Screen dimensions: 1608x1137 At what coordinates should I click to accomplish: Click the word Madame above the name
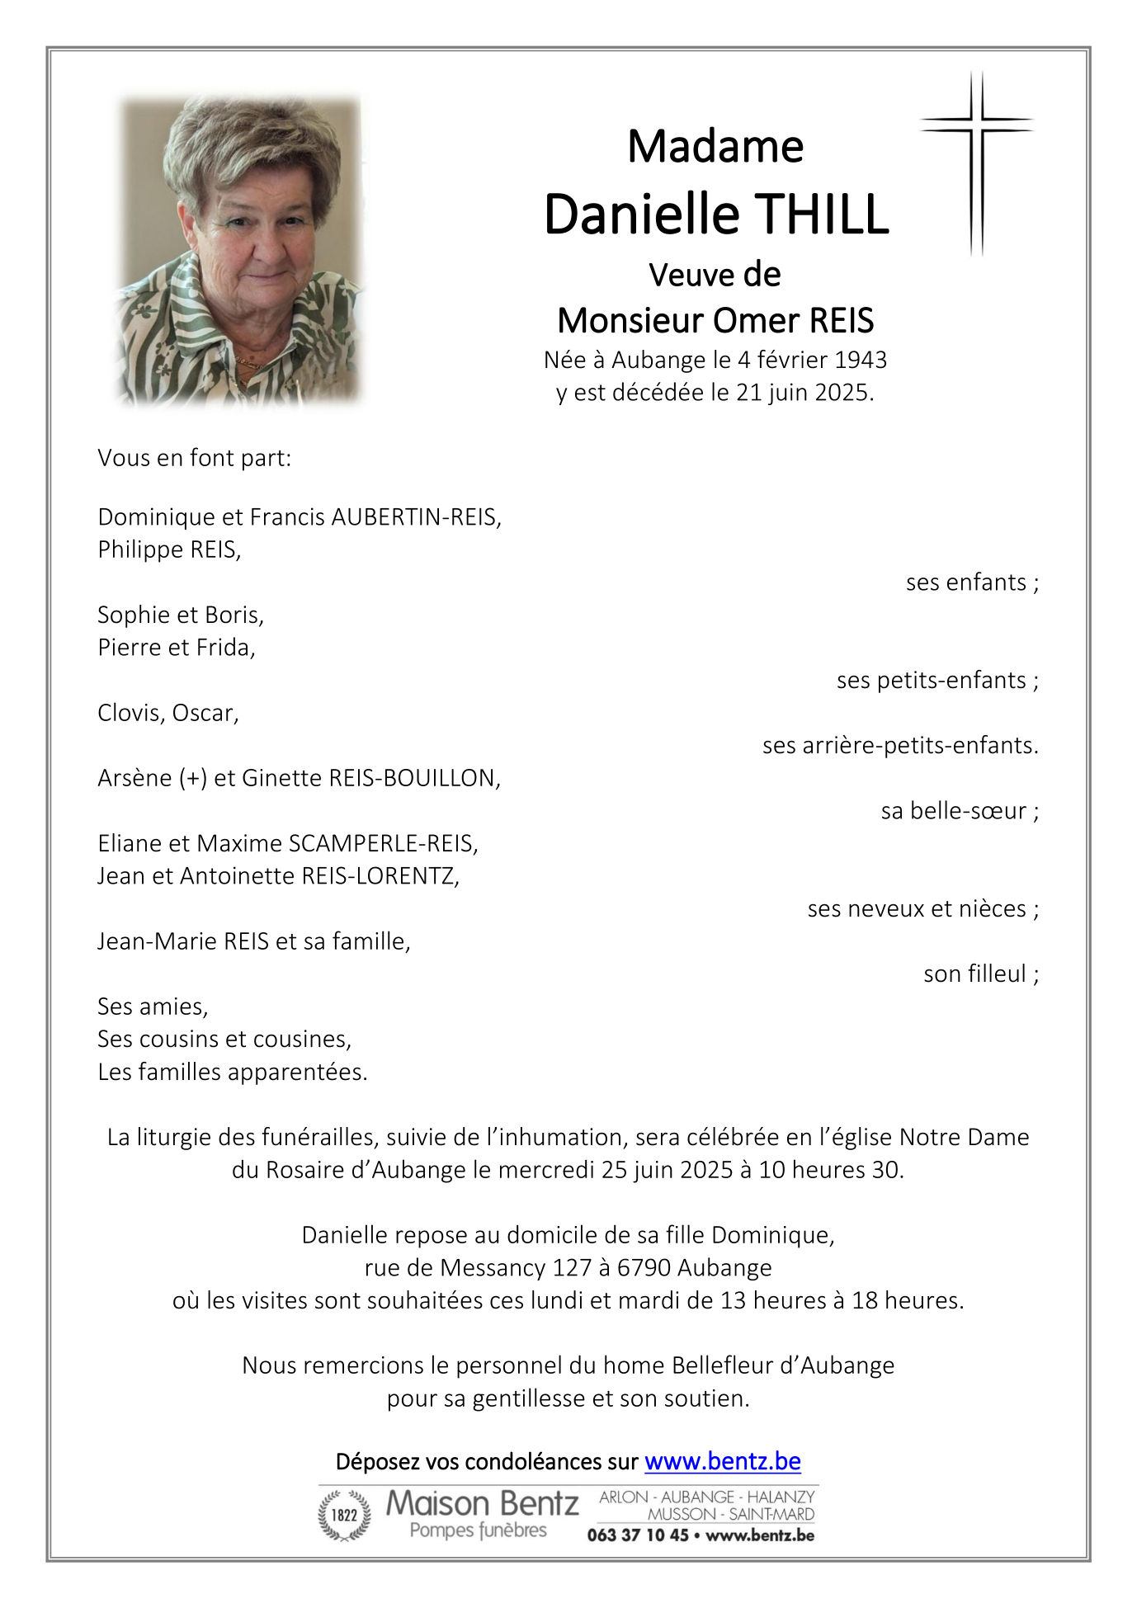tap(715, 147)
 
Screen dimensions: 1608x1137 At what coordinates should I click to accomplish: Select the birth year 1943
tap(860, 360)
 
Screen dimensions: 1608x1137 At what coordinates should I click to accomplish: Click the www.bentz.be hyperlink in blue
tap(722, 1461)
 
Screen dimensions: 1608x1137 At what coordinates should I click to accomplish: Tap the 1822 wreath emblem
tap(344, 1515)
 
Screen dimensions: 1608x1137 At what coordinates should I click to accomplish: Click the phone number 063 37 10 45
tap(637, 1535)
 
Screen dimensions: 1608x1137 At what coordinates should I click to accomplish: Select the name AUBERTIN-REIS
tap(415, 517)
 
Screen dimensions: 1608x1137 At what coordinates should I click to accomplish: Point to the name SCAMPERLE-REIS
tap(382, 843)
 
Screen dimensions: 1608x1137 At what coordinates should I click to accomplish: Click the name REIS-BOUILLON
tap(413, 778)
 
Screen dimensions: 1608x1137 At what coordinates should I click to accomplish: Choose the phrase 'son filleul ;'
tap(980, 974)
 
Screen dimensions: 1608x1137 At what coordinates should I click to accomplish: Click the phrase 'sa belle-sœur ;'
tap(959, 811)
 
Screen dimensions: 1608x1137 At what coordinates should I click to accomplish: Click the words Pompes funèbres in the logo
tap(478, 1530)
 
